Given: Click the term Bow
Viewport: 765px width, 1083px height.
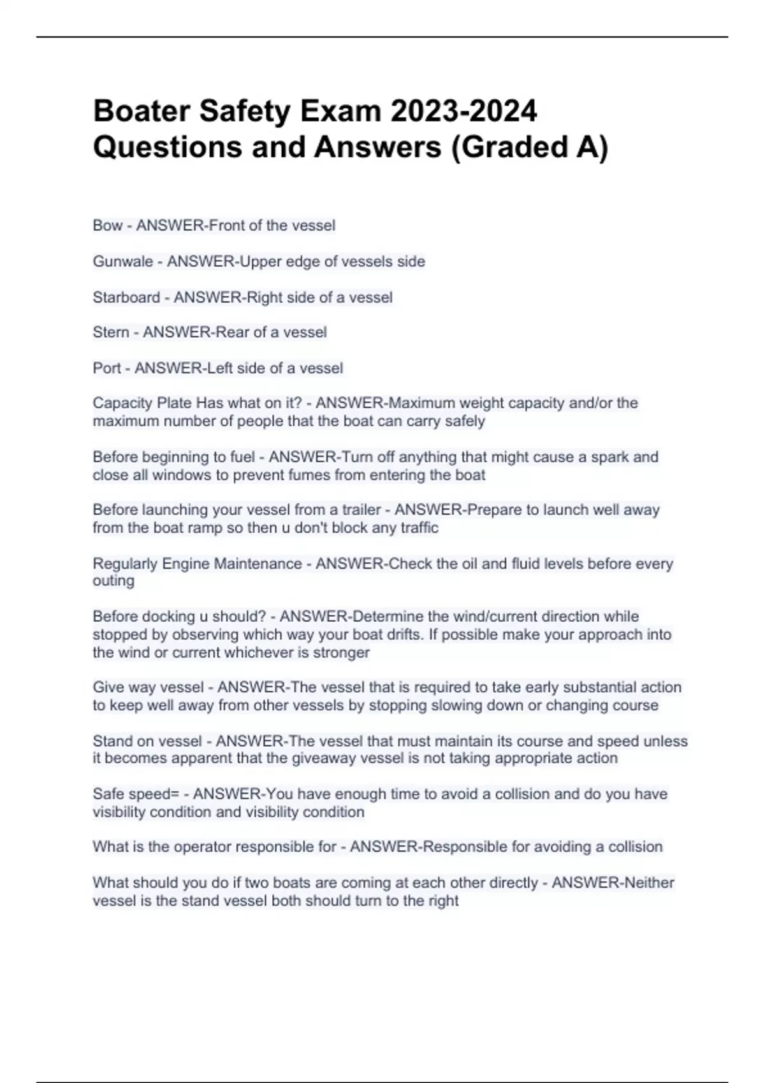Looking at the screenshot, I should (x=107, y=226).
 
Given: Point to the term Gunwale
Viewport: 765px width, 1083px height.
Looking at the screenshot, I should (x=122, y=261).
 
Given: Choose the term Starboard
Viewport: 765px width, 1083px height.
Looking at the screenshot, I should (x=126, y=298).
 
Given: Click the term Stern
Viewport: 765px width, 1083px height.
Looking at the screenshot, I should (x=111, y=333).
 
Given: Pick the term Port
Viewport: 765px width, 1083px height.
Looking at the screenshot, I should (x=106, y=368).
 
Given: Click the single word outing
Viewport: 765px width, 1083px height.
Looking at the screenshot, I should (x=113, y=581).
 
